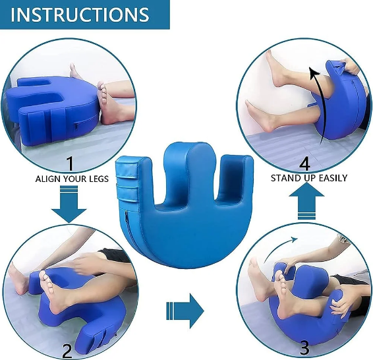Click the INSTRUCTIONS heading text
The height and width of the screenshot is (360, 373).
[80, 15]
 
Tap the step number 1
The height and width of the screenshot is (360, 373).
[70, 164]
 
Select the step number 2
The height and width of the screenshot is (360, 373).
[67, 350]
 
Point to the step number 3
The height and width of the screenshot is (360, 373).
[304, 347]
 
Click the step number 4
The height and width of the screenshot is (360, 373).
[304, 164]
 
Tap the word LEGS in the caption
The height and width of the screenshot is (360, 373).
[99, 179]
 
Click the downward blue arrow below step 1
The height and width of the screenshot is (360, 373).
[69, 204]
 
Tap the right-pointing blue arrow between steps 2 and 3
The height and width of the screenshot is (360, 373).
[185, 311]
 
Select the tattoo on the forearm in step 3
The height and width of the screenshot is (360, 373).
[343, 239]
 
